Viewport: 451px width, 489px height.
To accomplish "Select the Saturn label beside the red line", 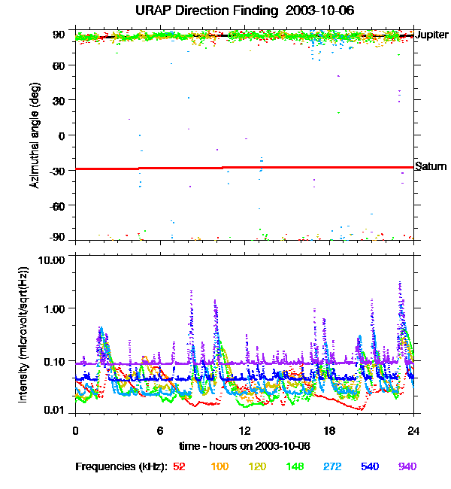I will pos(431,166).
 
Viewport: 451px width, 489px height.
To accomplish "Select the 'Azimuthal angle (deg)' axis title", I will pos(35,136).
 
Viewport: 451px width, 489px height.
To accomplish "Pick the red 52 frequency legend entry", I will pos(180,467).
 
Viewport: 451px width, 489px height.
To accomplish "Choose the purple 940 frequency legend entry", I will pos(407,467).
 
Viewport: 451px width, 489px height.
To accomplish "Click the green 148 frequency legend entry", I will pos(294,467).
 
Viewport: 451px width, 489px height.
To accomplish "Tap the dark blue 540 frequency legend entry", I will pos(369,467).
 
